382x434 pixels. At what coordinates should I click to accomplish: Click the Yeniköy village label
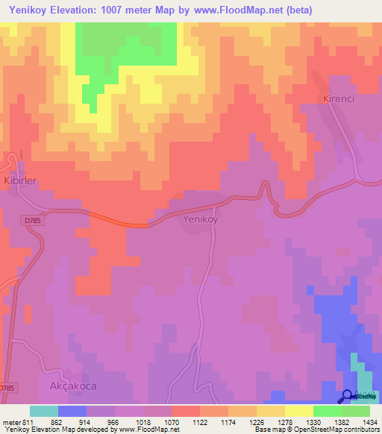(x=200, y=220)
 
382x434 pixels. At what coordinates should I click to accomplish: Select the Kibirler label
(x=19, y=180)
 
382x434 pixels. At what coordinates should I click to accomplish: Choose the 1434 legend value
(x=369, y=421)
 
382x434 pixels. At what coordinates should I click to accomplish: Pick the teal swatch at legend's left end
(x=44, y=411)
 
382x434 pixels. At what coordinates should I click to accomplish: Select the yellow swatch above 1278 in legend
(x=271, y=411)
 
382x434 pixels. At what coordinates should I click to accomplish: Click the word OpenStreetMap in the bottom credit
(x=316, y=430)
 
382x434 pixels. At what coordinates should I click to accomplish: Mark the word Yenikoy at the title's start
(x=28, y=10)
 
